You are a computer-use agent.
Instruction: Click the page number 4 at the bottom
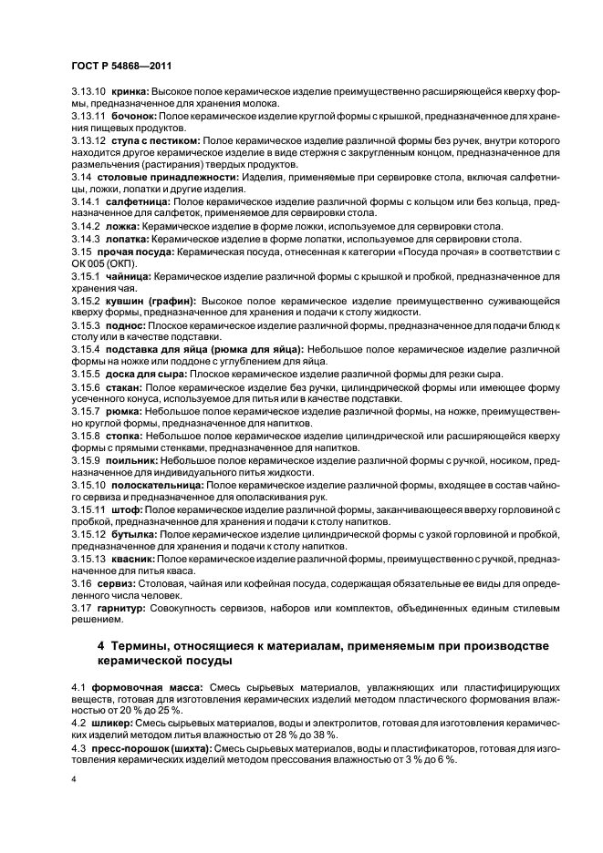(74, 780)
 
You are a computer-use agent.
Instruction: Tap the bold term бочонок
(135, 118)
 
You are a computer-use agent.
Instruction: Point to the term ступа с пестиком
(154, 143)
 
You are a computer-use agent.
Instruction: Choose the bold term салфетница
(136, 199)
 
